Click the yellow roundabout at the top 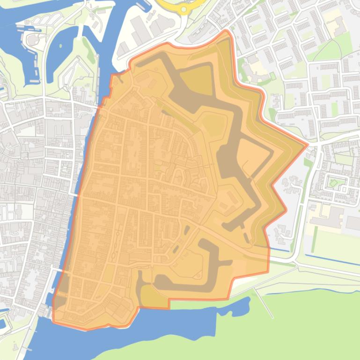(184, 8)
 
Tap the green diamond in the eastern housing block (333, 182)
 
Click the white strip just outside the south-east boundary (248, 280)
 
